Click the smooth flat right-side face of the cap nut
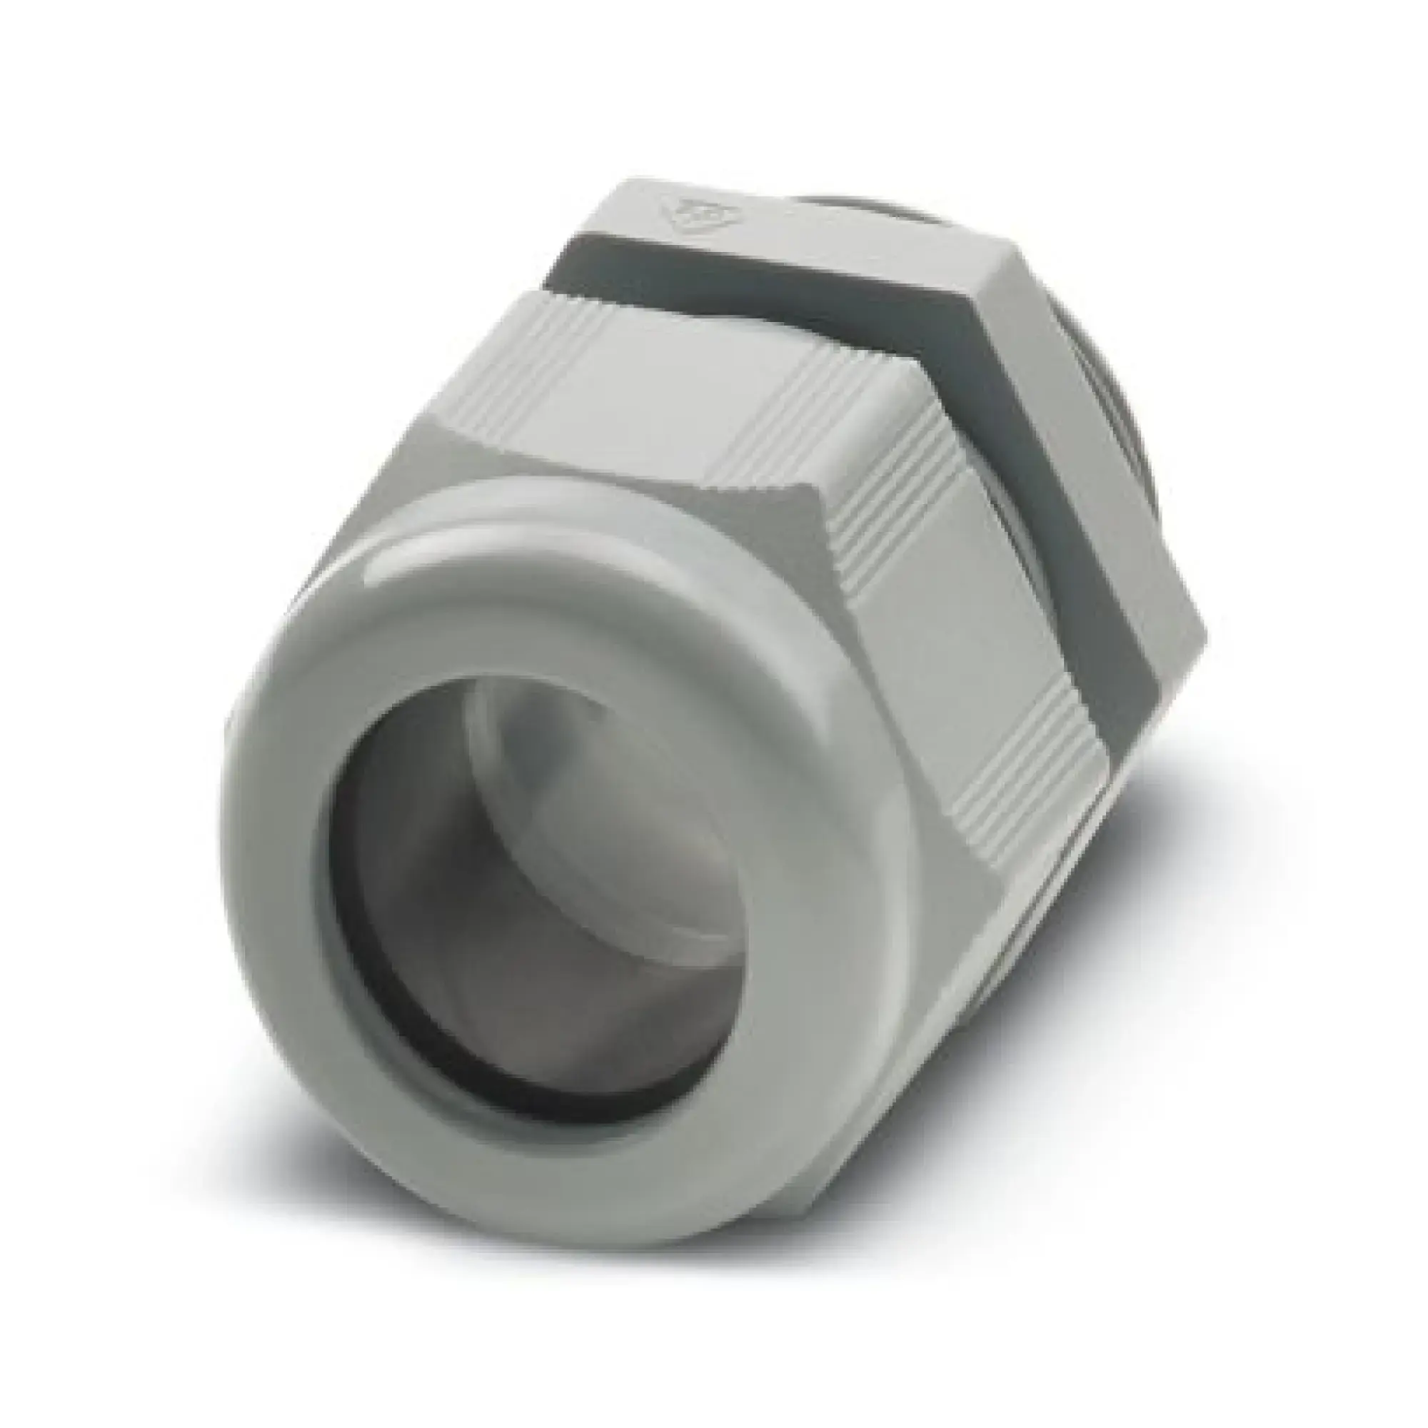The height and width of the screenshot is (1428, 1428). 953,665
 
